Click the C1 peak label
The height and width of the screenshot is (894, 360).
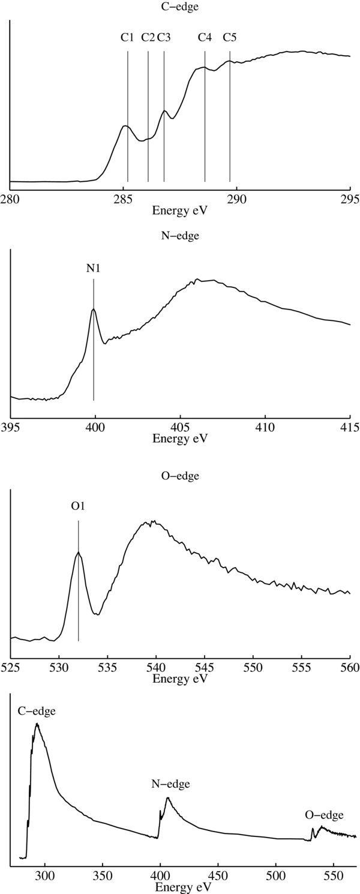click(x=127, y=38)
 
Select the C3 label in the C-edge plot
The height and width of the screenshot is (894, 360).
click(x=164, y=38)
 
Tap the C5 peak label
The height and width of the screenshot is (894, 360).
click(x=230, y=38)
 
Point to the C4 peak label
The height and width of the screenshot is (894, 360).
click(x=205, y=38)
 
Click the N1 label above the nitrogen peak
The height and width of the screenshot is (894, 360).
click(x=94, y=268)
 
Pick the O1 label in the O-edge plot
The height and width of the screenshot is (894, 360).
click(x=78, y=506)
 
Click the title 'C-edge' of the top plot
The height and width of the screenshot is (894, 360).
click(x=180, y=7)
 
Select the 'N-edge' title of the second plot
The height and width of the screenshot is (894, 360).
click(x=180, y=236)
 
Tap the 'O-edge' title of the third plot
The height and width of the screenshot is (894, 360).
click(x=180, y=476)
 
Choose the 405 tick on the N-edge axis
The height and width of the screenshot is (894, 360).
click(x=179, y=428)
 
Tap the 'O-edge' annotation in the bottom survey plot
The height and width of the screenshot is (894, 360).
click(x=324, y=815)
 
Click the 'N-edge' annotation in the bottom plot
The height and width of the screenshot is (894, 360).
click(x=170, y=784)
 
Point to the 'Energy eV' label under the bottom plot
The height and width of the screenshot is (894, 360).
click(x=180, y=886)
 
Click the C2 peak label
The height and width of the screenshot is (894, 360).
click(x=148, y=38)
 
